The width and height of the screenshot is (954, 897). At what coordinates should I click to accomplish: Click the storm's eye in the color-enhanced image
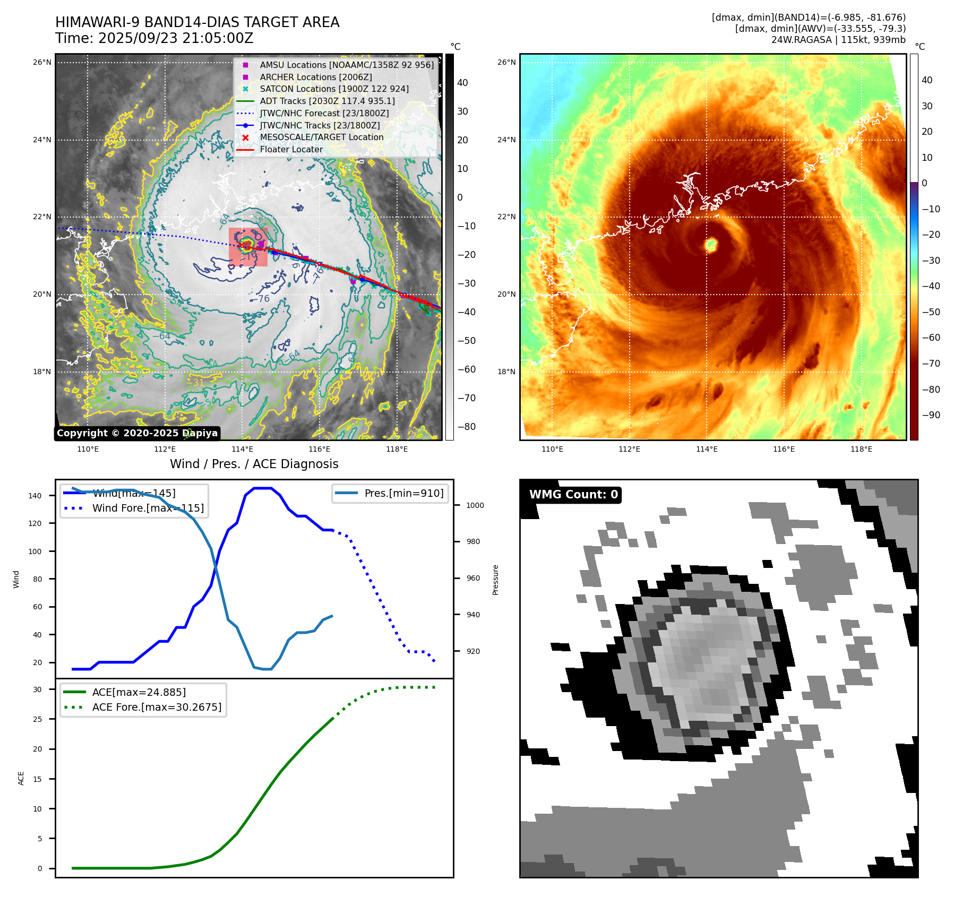click(711, 245)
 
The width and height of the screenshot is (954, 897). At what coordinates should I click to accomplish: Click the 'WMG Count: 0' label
click(573, 495)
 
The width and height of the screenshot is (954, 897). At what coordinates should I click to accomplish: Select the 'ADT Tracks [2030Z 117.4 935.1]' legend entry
click(327, 101)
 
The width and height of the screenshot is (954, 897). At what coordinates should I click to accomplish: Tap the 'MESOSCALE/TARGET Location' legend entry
click(321, 137)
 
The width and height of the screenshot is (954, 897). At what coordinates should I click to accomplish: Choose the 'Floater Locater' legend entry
click(291, 149)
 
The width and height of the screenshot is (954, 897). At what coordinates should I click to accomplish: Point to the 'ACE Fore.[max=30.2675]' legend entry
click(157, 707)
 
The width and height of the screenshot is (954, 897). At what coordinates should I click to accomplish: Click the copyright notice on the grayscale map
click(137, 433)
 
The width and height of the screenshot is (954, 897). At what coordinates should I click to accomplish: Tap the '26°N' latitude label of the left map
click(42, 62)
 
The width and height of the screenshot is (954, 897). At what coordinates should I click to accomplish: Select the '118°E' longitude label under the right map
click(861, 449)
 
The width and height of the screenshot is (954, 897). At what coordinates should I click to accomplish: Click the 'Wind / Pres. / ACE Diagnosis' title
click(254, 464)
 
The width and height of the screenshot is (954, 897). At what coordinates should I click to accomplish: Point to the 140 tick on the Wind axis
click(35, 496)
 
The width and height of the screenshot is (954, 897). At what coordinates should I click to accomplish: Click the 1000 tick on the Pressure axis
click(475, 505)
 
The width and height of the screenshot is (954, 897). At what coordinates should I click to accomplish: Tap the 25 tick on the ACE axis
click(37, 719)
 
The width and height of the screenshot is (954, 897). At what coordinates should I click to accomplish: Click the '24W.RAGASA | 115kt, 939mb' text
click(838, 40)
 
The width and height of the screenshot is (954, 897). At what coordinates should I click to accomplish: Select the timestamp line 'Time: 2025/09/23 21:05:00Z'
click(154, 39)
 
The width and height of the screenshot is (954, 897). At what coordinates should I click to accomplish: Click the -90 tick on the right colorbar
click(931, 415)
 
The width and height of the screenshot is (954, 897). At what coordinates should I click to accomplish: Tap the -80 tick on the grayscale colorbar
click(466, 427)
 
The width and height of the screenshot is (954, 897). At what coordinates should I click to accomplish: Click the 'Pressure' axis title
click(495, 580)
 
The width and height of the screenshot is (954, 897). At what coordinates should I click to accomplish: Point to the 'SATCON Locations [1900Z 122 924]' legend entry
click(334, 89)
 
